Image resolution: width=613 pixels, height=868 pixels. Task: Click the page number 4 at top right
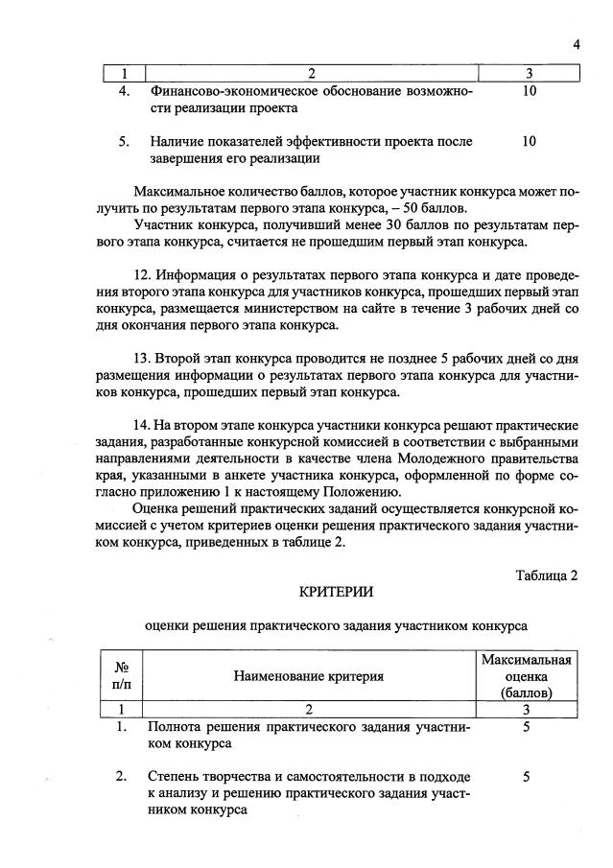click(577, 43)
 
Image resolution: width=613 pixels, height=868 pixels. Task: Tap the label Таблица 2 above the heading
click(547, 575)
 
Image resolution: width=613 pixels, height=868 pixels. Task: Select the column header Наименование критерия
click(308, 676)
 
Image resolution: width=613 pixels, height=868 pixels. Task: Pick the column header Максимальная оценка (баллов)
click(527, 676)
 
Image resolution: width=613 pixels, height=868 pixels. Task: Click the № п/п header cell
click(122, 676)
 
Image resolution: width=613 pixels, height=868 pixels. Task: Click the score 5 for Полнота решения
click(527, 727)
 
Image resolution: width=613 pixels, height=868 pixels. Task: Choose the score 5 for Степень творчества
click(527, 777)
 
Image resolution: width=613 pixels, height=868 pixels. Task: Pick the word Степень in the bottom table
click(175, 777)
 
